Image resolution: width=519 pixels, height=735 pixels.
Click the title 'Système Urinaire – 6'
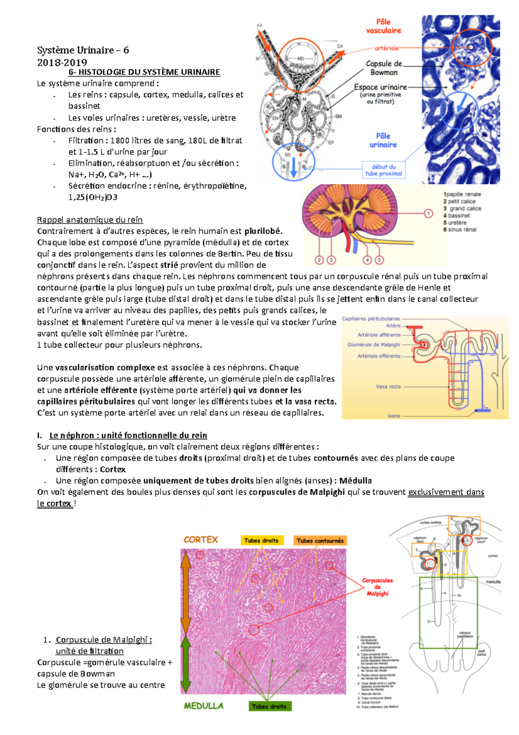coord(83,50)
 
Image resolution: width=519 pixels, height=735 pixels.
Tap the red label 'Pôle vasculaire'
coord(383,26)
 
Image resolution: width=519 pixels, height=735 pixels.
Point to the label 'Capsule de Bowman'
coord(384,68)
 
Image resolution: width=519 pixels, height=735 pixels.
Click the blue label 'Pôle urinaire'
coord(383,141)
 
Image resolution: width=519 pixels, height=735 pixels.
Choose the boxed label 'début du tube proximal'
coord(384,170)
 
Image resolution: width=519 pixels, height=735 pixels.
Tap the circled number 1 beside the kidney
coord(428,213)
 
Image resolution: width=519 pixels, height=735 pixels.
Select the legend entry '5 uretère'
coord(455,222)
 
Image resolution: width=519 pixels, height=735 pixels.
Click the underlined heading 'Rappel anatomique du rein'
coord(90,220)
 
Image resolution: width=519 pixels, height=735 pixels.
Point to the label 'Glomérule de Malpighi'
coord(374,345)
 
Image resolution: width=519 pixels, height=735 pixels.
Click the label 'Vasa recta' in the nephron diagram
coord(388,387)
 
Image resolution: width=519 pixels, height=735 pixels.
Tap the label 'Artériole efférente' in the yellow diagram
coord(379,356)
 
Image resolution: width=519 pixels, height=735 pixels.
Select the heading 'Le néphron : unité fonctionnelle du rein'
coord(128,435)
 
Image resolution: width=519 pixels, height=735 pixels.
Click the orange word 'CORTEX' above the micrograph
coord(201,540)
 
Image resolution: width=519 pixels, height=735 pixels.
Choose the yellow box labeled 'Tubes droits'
coord(261,541)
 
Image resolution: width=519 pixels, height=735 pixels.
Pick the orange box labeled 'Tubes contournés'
coord(320,541)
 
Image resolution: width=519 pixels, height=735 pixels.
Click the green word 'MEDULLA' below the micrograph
coord(203,706)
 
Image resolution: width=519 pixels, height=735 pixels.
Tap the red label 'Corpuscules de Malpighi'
coord(377,587)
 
